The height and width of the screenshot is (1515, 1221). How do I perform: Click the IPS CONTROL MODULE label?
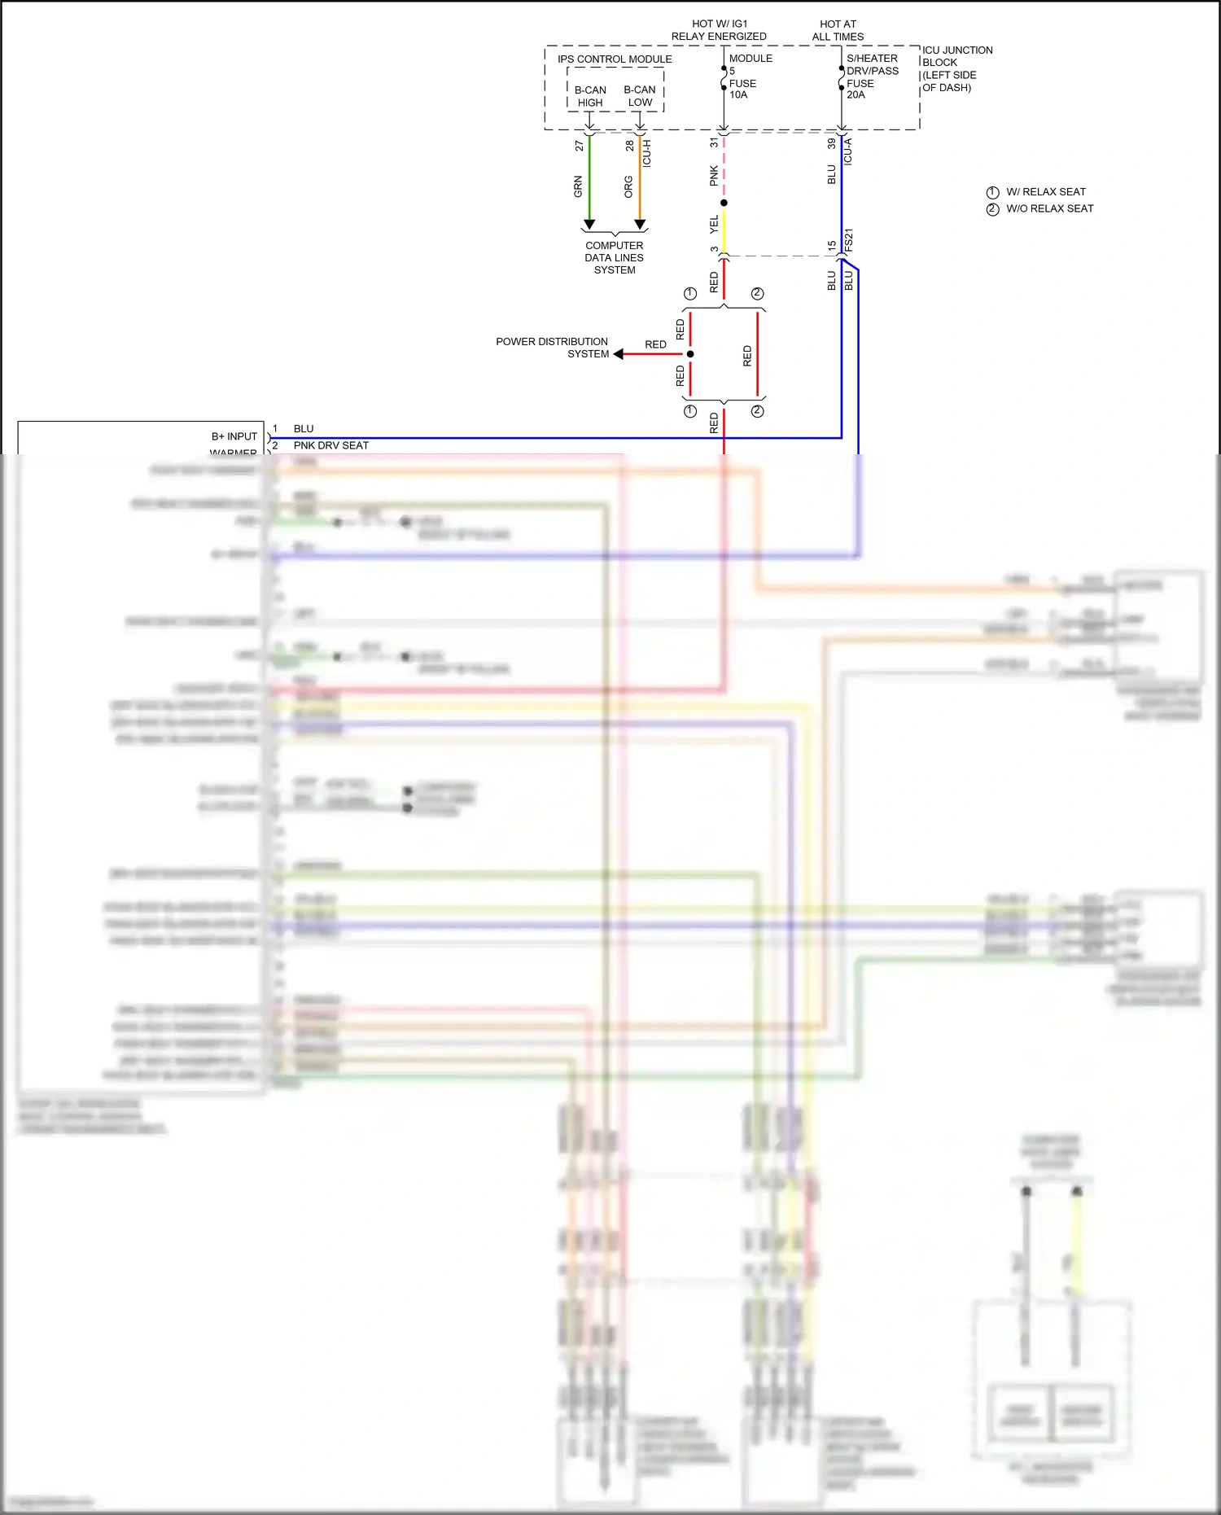(615, 59)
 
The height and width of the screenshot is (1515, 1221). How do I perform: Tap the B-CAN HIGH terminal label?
(590, 96)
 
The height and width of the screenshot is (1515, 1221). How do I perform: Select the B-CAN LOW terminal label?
(640, 96)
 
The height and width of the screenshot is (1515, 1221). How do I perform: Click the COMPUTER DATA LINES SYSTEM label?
(614, 257)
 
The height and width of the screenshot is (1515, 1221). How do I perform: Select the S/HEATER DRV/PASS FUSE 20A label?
(872, 77)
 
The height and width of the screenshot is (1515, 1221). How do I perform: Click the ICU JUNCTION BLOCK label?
(956, 68)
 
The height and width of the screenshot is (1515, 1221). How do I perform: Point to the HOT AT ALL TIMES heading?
(838, 30)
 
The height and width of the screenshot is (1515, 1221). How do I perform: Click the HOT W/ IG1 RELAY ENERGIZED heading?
(719, 30)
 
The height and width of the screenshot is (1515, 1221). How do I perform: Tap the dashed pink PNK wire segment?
(724, 167)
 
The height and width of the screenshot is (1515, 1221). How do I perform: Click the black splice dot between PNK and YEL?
(724, 203)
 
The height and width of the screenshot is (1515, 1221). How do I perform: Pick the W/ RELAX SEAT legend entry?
(1045, 192)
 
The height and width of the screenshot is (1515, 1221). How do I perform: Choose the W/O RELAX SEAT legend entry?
(1049, 208)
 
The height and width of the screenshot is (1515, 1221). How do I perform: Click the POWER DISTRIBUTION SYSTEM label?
(552, 348)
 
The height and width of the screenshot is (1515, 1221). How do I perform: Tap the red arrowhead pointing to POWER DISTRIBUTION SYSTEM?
(619, 354)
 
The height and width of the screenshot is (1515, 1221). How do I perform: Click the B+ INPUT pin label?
(234, 436)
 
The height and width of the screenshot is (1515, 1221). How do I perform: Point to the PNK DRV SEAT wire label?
(330, 445)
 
